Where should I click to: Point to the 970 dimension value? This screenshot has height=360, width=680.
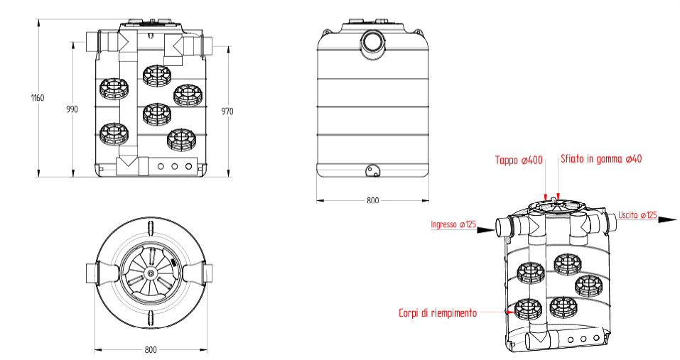point(227,111)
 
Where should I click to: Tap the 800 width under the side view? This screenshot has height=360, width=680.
point(372,201)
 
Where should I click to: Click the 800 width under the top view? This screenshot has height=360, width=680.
point(151,350)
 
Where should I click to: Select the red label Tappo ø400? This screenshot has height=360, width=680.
point(519,160)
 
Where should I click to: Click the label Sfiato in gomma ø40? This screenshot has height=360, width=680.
point(601,159)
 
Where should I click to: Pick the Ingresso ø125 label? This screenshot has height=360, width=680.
point(453,225)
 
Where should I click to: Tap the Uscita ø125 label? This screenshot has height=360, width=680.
point(637,215)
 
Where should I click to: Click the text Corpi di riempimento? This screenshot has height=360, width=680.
point(437,312)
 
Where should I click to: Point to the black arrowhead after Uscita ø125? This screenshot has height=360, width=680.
point(666,220)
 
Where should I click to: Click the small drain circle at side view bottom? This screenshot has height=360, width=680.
point(372,170)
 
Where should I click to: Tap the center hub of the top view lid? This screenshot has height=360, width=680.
point(150,273)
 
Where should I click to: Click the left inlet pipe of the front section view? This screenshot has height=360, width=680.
point(92,43)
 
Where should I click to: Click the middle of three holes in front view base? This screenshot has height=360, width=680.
point(175,166)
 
